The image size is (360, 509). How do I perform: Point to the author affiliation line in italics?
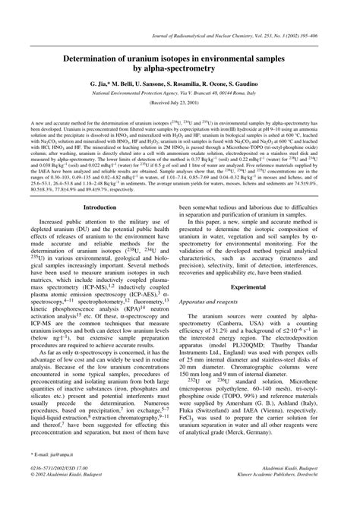180,90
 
